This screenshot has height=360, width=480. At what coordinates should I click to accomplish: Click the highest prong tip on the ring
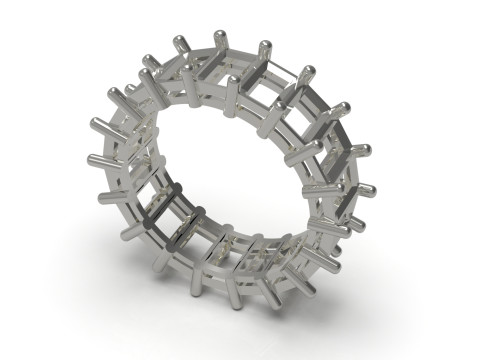pyautogui.click(x=223, y=30)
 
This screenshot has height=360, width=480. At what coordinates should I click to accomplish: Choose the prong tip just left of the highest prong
pyautogui.click(x=180, y=41)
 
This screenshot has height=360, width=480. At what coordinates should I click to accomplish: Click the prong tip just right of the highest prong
pyautogui.click(x=265, y=45)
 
